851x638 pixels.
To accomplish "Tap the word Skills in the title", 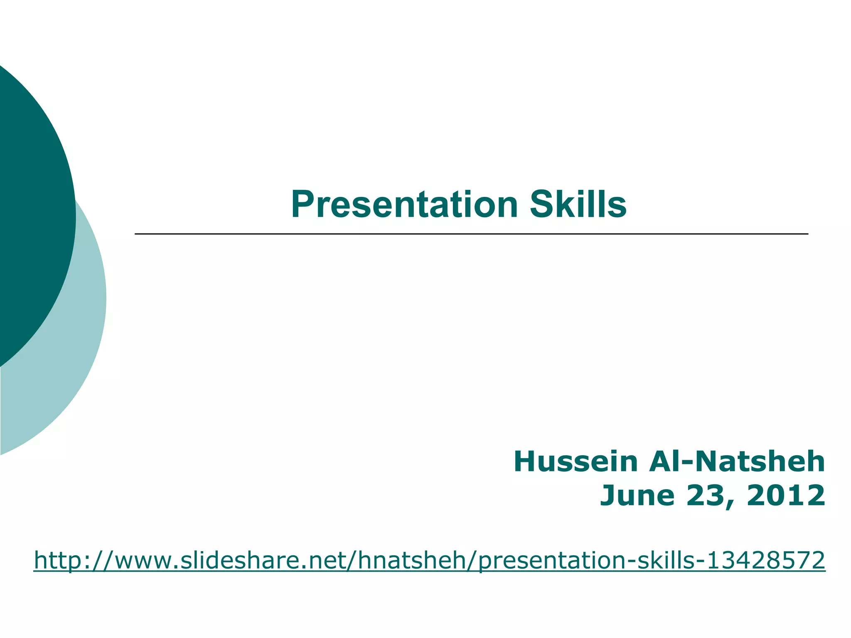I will [578, 204].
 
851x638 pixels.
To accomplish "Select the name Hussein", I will [576, 462].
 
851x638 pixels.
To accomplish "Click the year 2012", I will [786, 496].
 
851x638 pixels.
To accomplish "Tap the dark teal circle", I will [29, 208].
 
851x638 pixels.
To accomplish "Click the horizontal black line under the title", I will [471, 234].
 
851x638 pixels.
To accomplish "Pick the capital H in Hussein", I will [526, 462].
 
